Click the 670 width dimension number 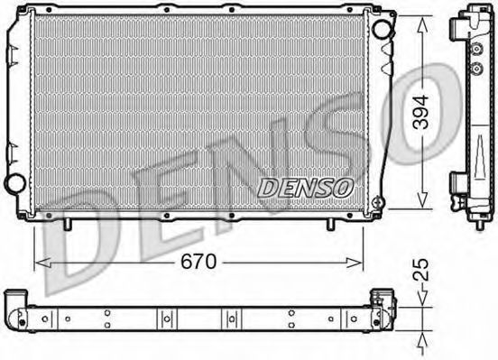click(x=198, y=263)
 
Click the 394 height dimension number click(x=420, y=112)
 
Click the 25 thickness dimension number click(x=420, y=270)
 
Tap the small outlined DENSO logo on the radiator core click(x=306, y=188)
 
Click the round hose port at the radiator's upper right click(x=383, y=29)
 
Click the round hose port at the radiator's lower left click(x=14, y=183)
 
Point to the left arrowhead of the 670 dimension click(x=42, y=263)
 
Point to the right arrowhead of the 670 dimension click(x=355, y=263)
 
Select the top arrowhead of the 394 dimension click(x=422, y=24)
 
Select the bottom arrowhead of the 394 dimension click(x=422, y=200)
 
